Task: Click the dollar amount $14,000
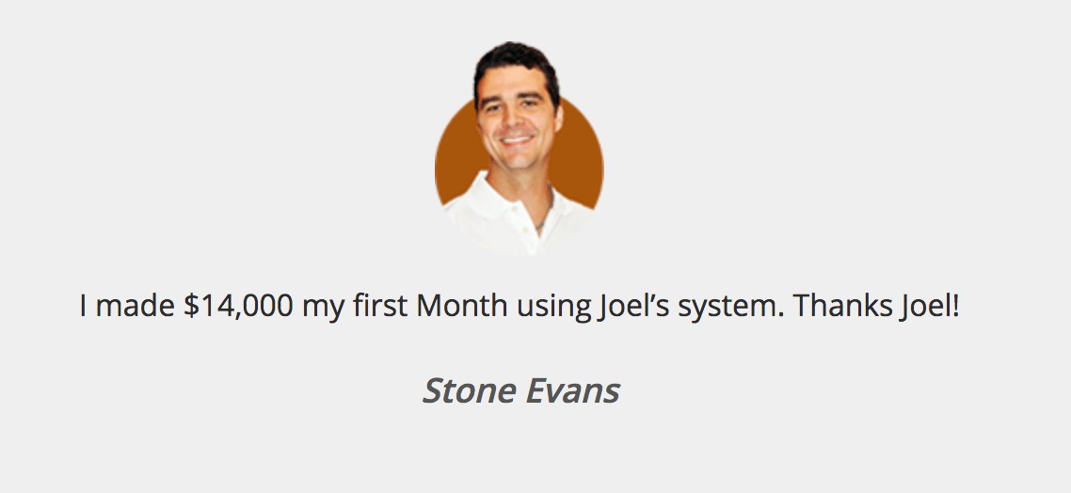click(x=238, y=305)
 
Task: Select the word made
click(x=136, y=305)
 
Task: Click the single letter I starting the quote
click(x=84, y=305)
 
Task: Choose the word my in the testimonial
click(x=323, y=310)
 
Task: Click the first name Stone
click(x=469, y=391)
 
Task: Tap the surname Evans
click(x=572, y=391)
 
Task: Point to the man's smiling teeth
click(x=516, y=141)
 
